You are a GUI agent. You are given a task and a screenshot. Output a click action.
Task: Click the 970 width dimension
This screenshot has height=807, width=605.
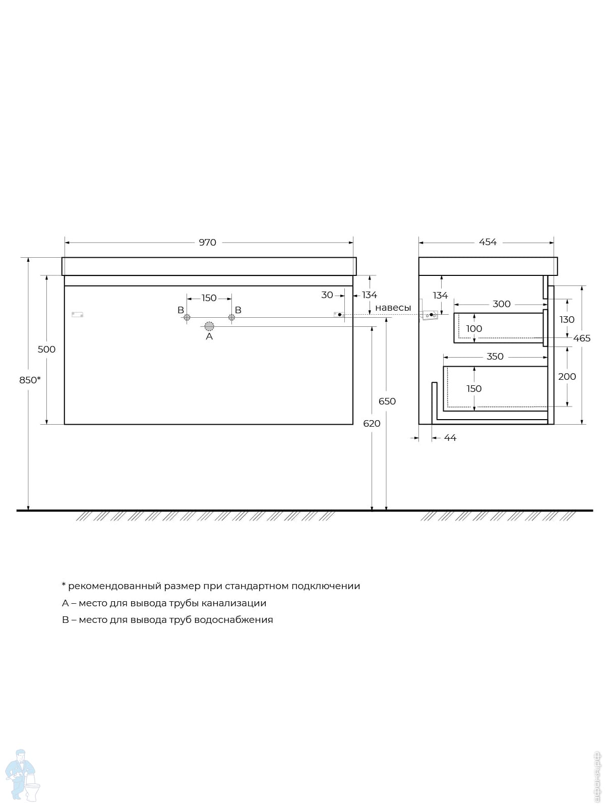click(x=208, y=243)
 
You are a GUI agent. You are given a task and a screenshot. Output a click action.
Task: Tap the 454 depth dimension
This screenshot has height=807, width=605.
click(x=488, y=242)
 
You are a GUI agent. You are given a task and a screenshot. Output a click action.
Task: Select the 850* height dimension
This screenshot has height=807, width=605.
click(x=30, y=380)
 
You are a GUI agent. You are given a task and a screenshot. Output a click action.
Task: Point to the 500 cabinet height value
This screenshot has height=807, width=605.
click(x=47, y=349)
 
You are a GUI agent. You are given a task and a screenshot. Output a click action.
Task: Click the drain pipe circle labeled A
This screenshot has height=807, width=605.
click(x=209, y=326)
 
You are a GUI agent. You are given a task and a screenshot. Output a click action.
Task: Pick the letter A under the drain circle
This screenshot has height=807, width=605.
click(x=209, y=336)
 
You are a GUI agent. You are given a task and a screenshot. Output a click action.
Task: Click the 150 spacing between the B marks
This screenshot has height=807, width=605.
click(x=209, y=298)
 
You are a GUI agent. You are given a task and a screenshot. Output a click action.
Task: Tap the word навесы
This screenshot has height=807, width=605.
click(x=393, y=308)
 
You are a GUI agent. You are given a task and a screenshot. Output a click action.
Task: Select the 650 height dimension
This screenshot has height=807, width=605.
click(x=387, y=401)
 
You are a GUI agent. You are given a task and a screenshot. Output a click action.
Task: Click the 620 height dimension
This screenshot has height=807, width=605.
click(x=372, y=424)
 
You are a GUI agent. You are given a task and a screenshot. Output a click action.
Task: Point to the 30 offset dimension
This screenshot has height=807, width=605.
click(x=327, y=295)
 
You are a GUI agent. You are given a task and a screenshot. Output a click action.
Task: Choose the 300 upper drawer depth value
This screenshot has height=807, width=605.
click(x=502, y=304)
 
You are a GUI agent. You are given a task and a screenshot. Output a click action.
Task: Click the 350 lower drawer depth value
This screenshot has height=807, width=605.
click(x=495, y=357)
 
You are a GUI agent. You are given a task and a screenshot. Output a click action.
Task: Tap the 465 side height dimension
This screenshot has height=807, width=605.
click(x=582, y=338)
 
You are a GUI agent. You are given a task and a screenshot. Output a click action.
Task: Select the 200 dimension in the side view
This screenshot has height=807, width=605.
click(x=567, y=376)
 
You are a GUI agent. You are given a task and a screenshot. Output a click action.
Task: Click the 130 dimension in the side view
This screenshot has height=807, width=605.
click(x=567, y=320)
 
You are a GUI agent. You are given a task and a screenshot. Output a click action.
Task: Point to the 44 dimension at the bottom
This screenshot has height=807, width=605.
click(x=450, y=437)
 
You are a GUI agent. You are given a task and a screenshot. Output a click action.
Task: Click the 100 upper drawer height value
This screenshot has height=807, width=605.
click(x=474, y=329)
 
